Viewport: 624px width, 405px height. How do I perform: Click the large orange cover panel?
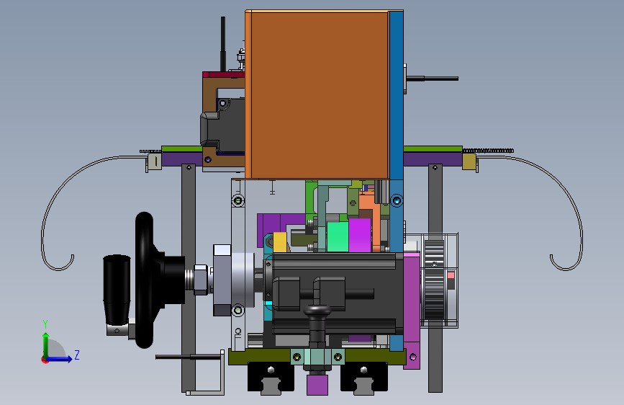pyautogui.click(x=317, y=95)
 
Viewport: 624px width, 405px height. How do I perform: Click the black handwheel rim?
pyautogui.click(x=144, y=280)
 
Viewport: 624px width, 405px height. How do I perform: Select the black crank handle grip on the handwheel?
pyautogui.click(x=117, y=290)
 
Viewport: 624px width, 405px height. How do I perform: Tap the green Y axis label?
pyautogui.click(x=45, y=324)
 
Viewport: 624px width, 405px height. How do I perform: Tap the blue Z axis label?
pyautogui.click(x=77, y=355)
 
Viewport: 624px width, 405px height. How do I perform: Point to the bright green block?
pyautogui.click(x=338, y=237)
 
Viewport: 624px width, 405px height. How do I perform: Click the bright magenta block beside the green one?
pyautogui.click(x=360, y=235)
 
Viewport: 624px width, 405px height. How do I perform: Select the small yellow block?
pyautogui.click(x=280, y=242)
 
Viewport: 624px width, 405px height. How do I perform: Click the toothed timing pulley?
pyautogui.click(x=434, y=280)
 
